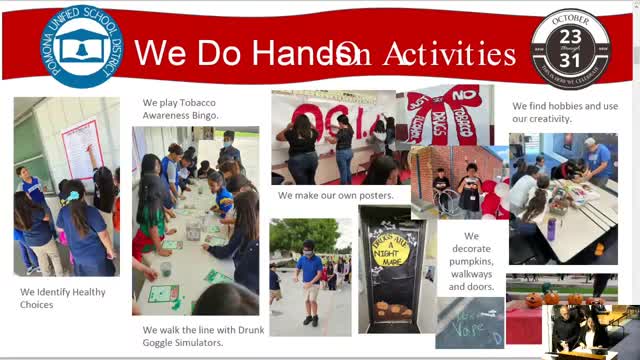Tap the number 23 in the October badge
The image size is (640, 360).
tap(571, 39)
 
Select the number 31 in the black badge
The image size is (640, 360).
tap(571, 61)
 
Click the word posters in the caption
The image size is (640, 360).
tap(373, 195)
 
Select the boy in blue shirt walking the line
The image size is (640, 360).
tap(311, 280)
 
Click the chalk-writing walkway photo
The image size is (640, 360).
tap(469, 323)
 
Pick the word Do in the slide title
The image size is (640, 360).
tap(221, 54)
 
